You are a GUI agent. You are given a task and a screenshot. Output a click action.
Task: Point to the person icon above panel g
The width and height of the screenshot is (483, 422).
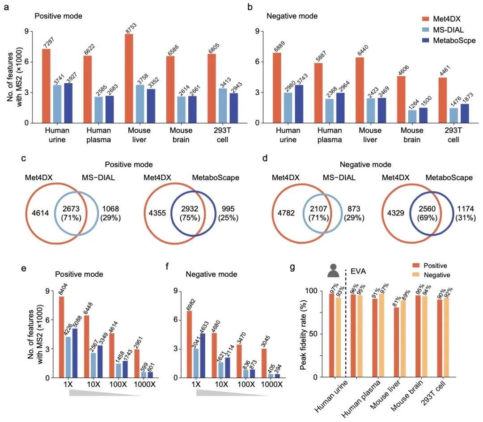tap(333, 270)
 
